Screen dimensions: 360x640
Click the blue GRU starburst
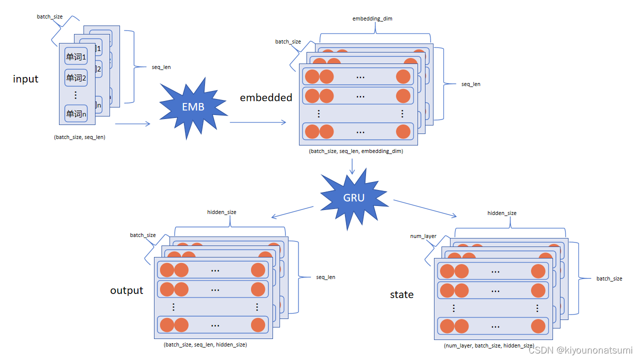[353, 197]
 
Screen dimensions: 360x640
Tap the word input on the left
[25, 79]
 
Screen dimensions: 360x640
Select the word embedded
[266, 97]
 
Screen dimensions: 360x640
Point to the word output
[126, 290]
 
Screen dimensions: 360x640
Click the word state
[401, 294]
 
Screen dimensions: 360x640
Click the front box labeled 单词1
[76, 56]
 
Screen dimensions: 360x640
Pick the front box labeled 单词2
[76, 77]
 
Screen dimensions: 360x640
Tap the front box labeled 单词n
[76, 113]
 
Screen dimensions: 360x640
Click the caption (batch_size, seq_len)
[79, 137]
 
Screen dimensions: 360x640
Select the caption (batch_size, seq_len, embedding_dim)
[356, 151]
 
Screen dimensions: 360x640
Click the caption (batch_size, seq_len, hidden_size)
[205, 344]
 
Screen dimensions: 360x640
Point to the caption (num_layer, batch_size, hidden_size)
[488, 345]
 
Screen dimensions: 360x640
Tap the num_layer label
[423, 236]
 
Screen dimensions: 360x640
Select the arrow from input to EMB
[132, 123]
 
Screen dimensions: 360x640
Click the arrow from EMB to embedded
[258, 122]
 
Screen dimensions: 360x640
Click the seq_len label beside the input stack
[161, 67]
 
